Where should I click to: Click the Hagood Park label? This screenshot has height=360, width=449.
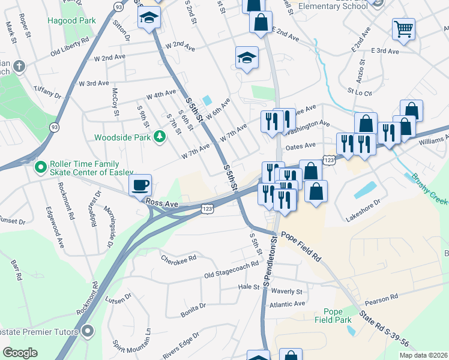(71, 20)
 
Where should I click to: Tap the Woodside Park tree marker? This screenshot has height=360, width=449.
(159, 137)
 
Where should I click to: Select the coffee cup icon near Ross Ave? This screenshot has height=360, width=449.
(140, 185)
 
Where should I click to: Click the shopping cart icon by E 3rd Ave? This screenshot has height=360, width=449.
(403, 28)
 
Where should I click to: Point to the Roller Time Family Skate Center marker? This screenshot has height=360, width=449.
(41, 166)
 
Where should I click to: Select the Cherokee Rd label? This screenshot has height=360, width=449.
(179, 259)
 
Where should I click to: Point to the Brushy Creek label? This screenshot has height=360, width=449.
(429, 190)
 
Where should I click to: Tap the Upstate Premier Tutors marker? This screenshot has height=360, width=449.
(88, 331)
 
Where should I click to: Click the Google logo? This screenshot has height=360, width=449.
(20, 353)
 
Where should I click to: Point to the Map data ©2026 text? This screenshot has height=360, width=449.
(423, 355)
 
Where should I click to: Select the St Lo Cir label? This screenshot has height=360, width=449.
(360, 93)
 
